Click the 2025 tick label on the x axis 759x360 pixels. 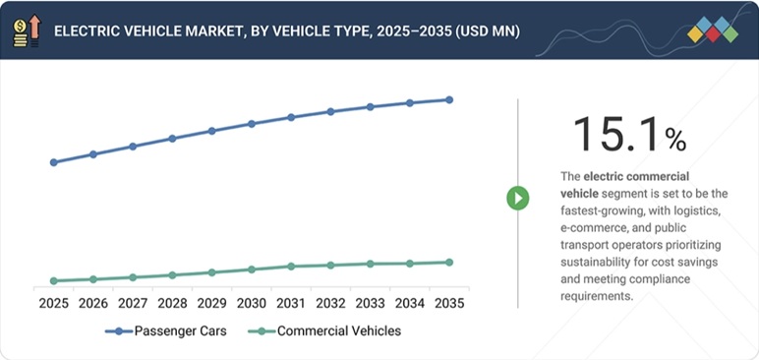click(53, 303)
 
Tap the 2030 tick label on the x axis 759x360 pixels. click(252, 303)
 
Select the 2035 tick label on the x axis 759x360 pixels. click(449, 303)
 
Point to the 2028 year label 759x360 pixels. click(172, 303)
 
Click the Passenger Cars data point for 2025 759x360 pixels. click(53, 162)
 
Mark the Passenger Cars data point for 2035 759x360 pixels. click(449, 99)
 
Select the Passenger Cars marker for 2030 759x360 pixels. click(252, 124)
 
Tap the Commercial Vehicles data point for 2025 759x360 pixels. click(53, 281)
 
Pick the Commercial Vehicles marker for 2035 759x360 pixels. click(449, 263)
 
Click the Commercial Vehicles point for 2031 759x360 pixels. click(291, 267)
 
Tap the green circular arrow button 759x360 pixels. click(518, 198)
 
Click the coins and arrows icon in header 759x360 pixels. click(27, 30)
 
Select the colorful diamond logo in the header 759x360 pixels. click(713, 30)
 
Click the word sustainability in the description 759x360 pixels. click(601, 263)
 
